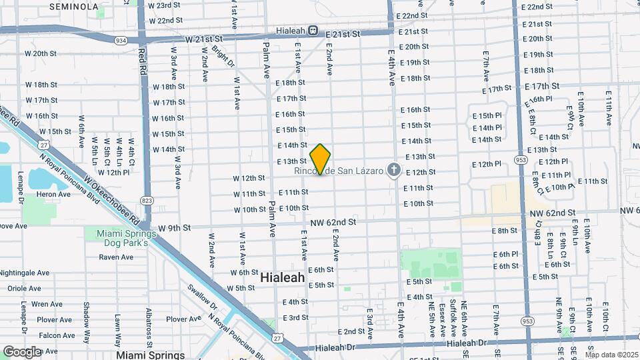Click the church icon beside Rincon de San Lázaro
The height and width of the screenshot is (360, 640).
pyautogui.click(x=393, y=171)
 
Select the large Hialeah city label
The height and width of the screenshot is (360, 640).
pyautogui.click(x=282, y=277)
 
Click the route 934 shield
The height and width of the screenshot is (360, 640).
pyautogui.click(x=121, y=41)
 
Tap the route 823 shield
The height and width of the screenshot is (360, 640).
pyautogui.click(x=147, y=200)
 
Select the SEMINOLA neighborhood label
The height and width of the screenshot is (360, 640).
pyautogui.click(x=74, y=7)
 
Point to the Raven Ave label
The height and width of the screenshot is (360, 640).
pyautogui.click(x=117, y=257)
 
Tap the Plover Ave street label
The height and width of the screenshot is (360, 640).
pyautogui.click(x=183, y=319)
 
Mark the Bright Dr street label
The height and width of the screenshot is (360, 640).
pyautogui.click(x=223, y=57)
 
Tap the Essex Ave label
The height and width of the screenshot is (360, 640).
pyautogui.click(x=443, y=320)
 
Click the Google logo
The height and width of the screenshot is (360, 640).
pyautogui.click(x=22, y=351)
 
